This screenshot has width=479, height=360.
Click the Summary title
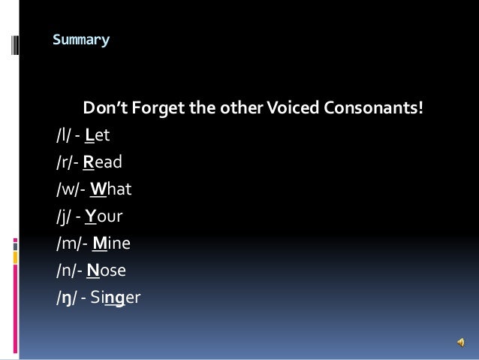pyautogui.click(x=81, y=38)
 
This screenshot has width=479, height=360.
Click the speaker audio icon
pyautogui.click(x=459, y=342)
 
